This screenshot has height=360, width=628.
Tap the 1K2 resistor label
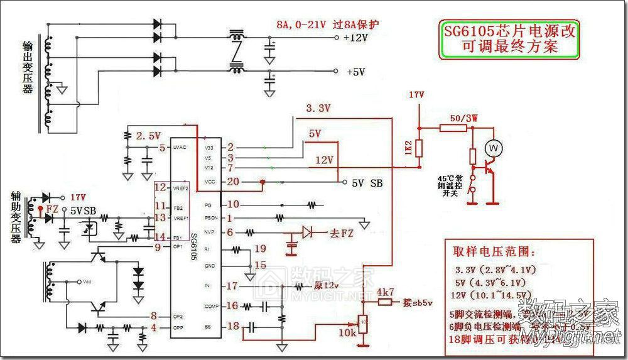pos(408,148)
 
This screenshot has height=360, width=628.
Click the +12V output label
pos(355,38)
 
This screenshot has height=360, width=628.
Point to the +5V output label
pos(355,72)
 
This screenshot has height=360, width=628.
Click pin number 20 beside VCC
pos(233,182)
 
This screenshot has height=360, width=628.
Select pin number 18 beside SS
pos(233,326)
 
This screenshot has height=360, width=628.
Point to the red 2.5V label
pos(148,136)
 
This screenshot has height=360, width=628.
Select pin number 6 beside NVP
pos(230,232)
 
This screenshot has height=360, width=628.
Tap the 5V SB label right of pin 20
pos(367,183)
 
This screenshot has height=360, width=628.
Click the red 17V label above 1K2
pos(416,95)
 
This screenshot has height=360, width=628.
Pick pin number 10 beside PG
pos(233,204)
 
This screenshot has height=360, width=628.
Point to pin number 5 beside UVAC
pos(161,148)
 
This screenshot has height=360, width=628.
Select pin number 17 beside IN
pos(233,286)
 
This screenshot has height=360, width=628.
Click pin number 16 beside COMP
pos(233,306)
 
